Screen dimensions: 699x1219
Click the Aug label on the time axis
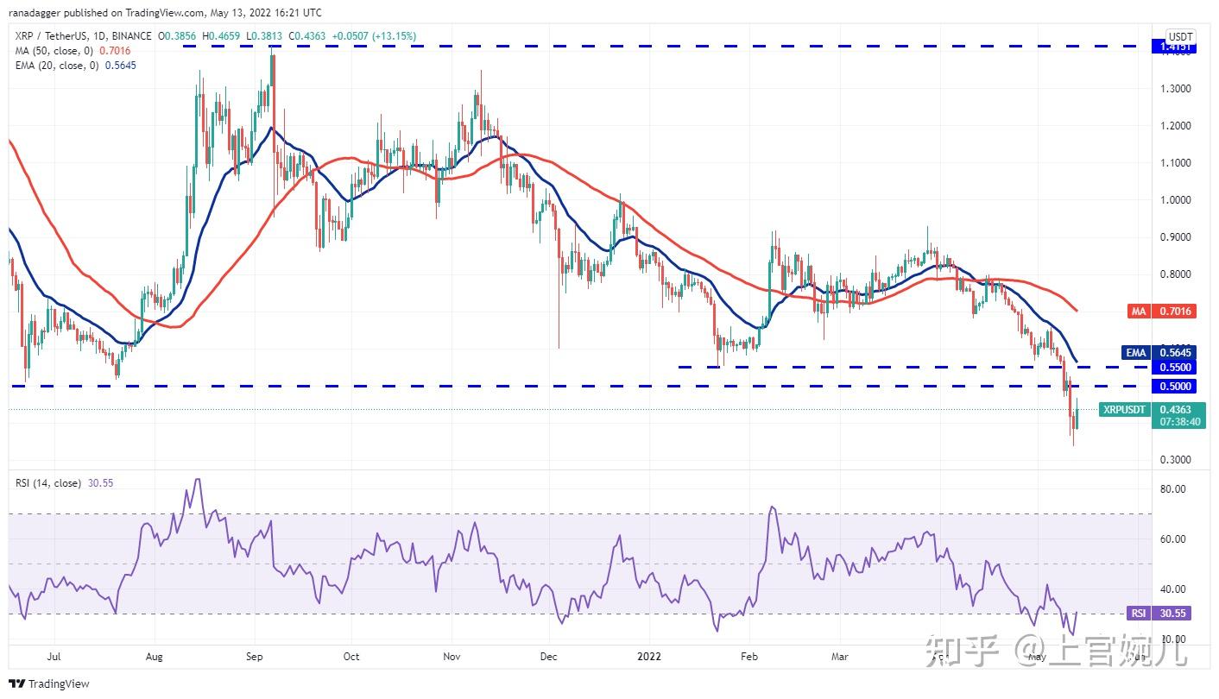point(155,657)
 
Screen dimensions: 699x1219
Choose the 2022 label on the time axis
point(649,657)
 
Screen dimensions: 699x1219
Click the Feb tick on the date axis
point(749,657)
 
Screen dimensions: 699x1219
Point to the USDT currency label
point(1179,36)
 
